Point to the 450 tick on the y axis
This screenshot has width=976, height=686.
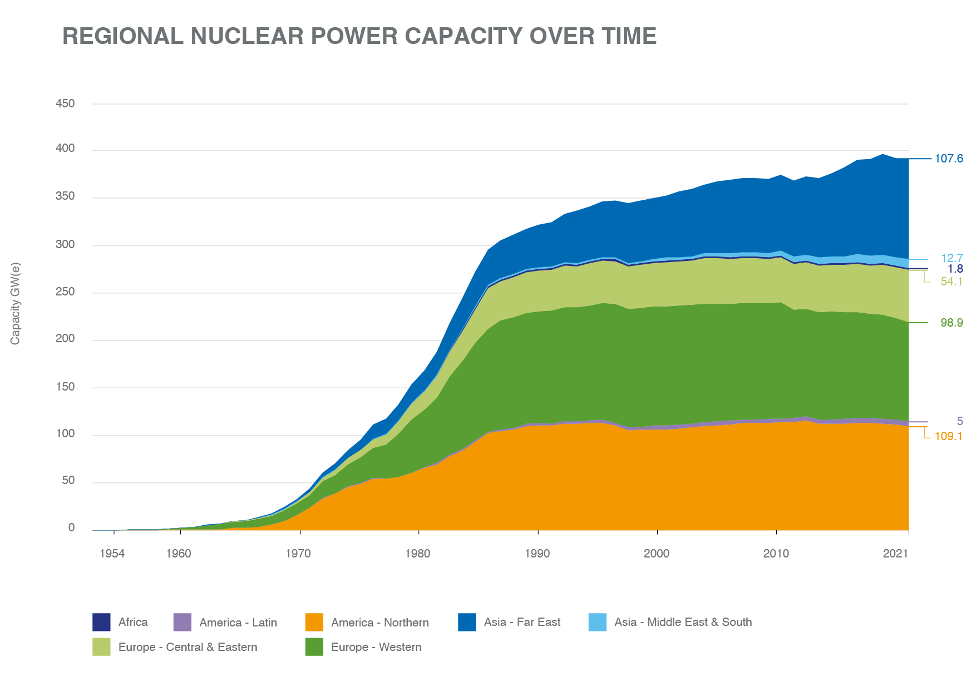pyautogui.click(x=65, y=104)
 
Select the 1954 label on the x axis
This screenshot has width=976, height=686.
pyautogui.click(x=112, y=554)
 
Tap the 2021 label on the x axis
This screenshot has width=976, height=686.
pyautogui.click(x=895, y=554)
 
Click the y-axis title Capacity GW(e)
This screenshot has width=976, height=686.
pyautogui.click(x=16, y=303)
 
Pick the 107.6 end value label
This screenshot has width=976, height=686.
pyautogui.click(x=949, y=159)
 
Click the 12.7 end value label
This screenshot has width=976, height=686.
pyautogui.click(x=952, y=258)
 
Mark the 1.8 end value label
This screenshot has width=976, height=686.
pyautogui.click(x=955, y=269)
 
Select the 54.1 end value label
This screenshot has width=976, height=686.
pyautogui.click(x=952, y=282)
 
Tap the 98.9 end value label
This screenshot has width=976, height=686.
pyautogui.click(x=952, y=323)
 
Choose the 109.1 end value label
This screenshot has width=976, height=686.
pyautogui.click(x=948, y=437)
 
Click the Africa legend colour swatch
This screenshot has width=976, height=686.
pyautogui.click(x=101, y=622)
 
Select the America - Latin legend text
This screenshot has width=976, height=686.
pyautogui.click(x=238, y=623)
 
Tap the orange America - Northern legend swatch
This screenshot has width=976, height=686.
pyautogui.click(x=314, y=622)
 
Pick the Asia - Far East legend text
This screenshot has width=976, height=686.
pyautogui.click(x=522, y=622)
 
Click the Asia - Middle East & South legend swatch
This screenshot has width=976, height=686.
pyautogui.click(x=598, y=622)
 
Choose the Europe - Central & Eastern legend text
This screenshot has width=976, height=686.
pyautogui.click(x=188, y=647)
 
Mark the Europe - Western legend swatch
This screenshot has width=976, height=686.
pyautogui.click(x=314, y=647)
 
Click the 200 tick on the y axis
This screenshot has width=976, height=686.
pyautogui.click(x=65, y=340)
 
